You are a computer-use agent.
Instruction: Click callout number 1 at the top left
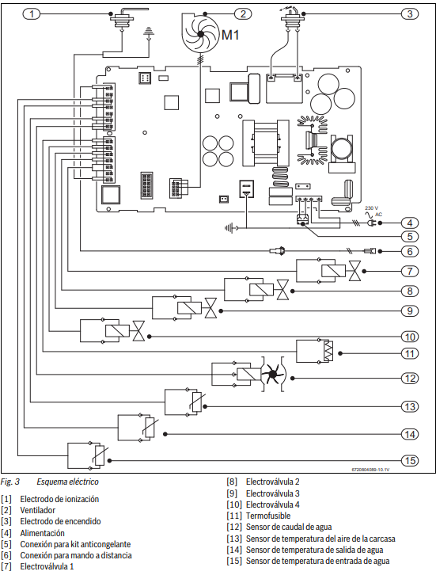click(x=32, y=14)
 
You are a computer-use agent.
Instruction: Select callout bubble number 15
click(x=410, y=461)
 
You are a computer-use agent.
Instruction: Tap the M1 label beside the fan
click(x=230, y=35)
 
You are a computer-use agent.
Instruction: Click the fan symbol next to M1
click(x=200, y=33)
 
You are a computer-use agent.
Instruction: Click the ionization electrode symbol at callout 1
click(x=121, y=19)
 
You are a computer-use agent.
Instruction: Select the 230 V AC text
click(x=373, y=211)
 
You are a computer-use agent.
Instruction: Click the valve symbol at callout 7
click(x=354, y=271)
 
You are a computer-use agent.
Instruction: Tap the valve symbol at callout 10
click(x=138, y=331)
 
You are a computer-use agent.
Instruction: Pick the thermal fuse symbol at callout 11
click(x=328, y=351)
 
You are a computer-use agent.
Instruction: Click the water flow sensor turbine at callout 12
click(x=272, y=374)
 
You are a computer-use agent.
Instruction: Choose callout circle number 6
click(x=410, y=251)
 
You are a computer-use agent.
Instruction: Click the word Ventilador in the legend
click(x=38, y=510)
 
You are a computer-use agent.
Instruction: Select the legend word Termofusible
click(x=268, y=516)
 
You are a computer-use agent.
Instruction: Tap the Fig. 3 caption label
click(x=10, y=482)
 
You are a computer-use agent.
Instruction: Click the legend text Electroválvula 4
click(x=272, y=505)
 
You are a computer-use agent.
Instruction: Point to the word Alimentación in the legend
click(x=42, y=533)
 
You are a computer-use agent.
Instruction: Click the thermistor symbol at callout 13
click(x=196, y=402)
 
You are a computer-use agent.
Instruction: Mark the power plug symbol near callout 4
click(x=370, y=223)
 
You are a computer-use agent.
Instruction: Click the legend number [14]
click(x=234, y=550)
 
